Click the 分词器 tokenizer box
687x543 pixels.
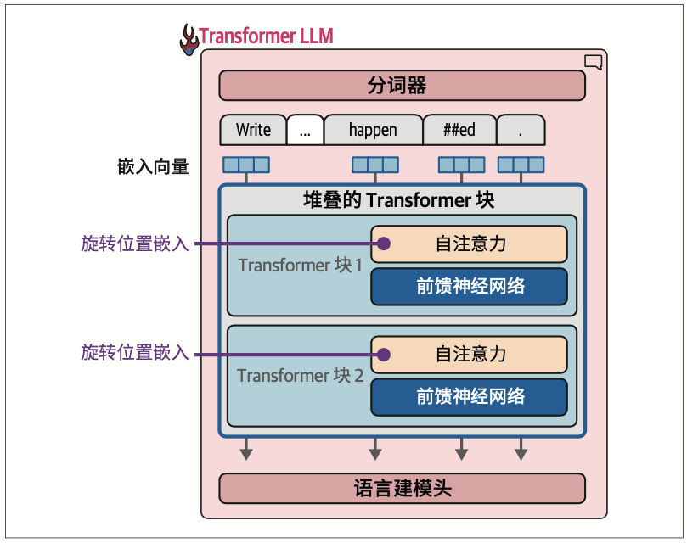pos(402,86)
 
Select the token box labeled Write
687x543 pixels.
pos(253,130)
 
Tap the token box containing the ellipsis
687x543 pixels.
pos(306,130)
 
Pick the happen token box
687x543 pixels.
pos(374,130)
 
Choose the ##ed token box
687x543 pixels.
pos(459,130)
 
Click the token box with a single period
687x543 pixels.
pos(521,130)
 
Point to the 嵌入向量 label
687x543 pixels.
pos(153,167)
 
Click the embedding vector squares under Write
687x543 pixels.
pos(246,165)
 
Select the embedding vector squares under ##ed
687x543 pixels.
pos(462,165)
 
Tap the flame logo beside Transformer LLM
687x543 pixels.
pos(189,40)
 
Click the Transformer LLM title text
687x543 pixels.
pos(267,36)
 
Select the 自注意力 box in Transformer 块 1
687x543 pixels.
pos(470,244)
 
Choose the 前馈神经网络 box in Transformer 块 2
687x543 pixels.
pos(470,397)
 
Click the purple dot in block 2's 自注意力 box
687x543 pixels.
pos(384,355)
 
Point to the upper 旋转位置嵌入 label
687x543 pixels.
pos(135,244)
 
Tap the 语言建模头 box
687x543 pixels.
pos(402,488)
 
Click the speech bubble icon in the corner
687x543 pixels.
pos(594,62)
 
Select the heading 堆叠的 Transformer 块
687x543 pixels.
pos(398,200)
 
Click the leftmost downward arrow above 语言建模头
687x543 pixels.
pos(246,449)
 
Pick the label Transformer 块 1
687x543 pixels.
pos(300,266)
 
